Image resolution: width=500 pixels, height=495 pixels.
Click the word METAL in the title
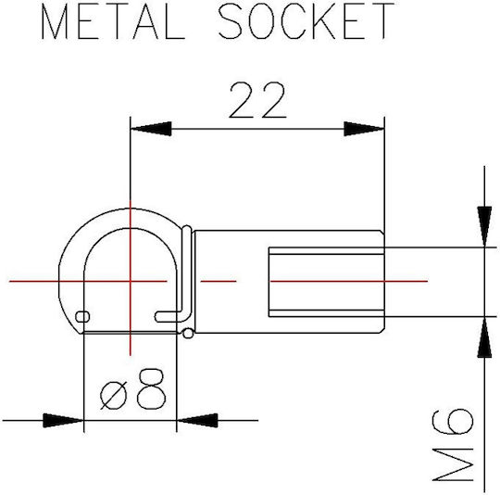(113, 21)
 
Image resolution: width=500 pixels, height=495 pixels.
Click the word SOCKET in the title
(306, 21)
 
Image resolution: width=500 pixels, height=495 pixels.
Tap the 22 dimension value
(257, 100)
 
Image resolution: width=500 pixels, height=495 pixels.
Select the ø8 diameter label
(133, 388)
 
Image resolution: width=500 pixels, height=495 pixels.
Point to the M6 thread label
(453, 444)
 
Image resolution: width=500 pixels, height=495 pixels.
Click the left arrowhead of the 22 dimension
(151, 129)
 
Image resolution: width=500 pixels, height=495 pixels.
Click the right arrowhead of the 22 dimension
(364, 129)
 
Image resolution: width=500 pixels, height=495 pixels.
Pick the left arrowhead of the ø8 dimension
(63, 420)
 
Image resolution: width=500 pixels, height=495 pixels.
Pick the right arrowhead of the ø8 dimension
(197, 420)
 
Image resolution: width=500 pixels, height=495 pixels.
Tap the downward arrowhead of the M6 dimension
(484, 226)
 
